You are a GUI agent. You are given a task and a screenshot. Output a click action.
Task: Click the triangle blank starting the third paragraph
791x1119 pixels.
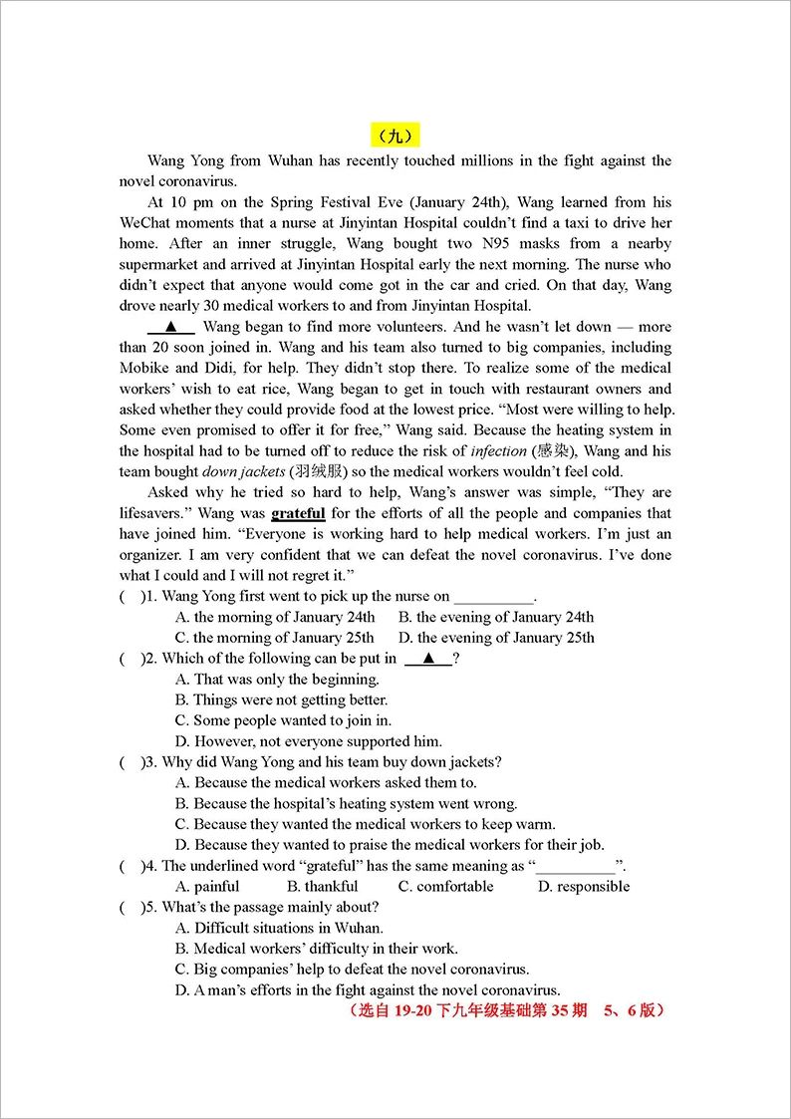tap(171, 327)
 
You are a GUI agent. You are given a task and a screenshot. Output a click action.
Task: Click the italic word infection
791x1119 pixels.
tap(498, 451)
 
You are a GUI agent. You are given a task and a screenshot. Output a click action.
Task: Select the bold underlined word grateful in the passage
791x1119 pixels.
tap(298, 513)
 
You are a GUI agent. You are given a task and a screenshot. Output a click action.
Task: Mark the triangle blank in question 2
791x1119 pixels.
tap(429, 659)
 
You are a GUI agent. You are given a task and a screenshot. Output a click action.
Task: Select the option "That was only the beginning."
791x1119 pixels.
tap(277, 680)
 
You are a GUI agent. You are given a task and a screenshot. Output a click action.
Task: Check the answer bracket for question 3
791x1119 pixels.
tap(130, 762)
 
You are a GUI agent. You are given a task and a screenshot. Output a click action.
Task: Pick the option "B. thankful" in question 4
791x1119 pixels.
tap(322, 887)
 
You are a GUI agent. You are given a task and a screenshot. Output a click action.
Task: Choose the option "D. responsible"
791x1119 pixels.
tap(584, 887)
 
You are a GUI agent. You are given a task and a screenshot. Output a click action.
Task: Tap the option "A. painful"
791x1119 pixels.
tap(207, 887)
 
